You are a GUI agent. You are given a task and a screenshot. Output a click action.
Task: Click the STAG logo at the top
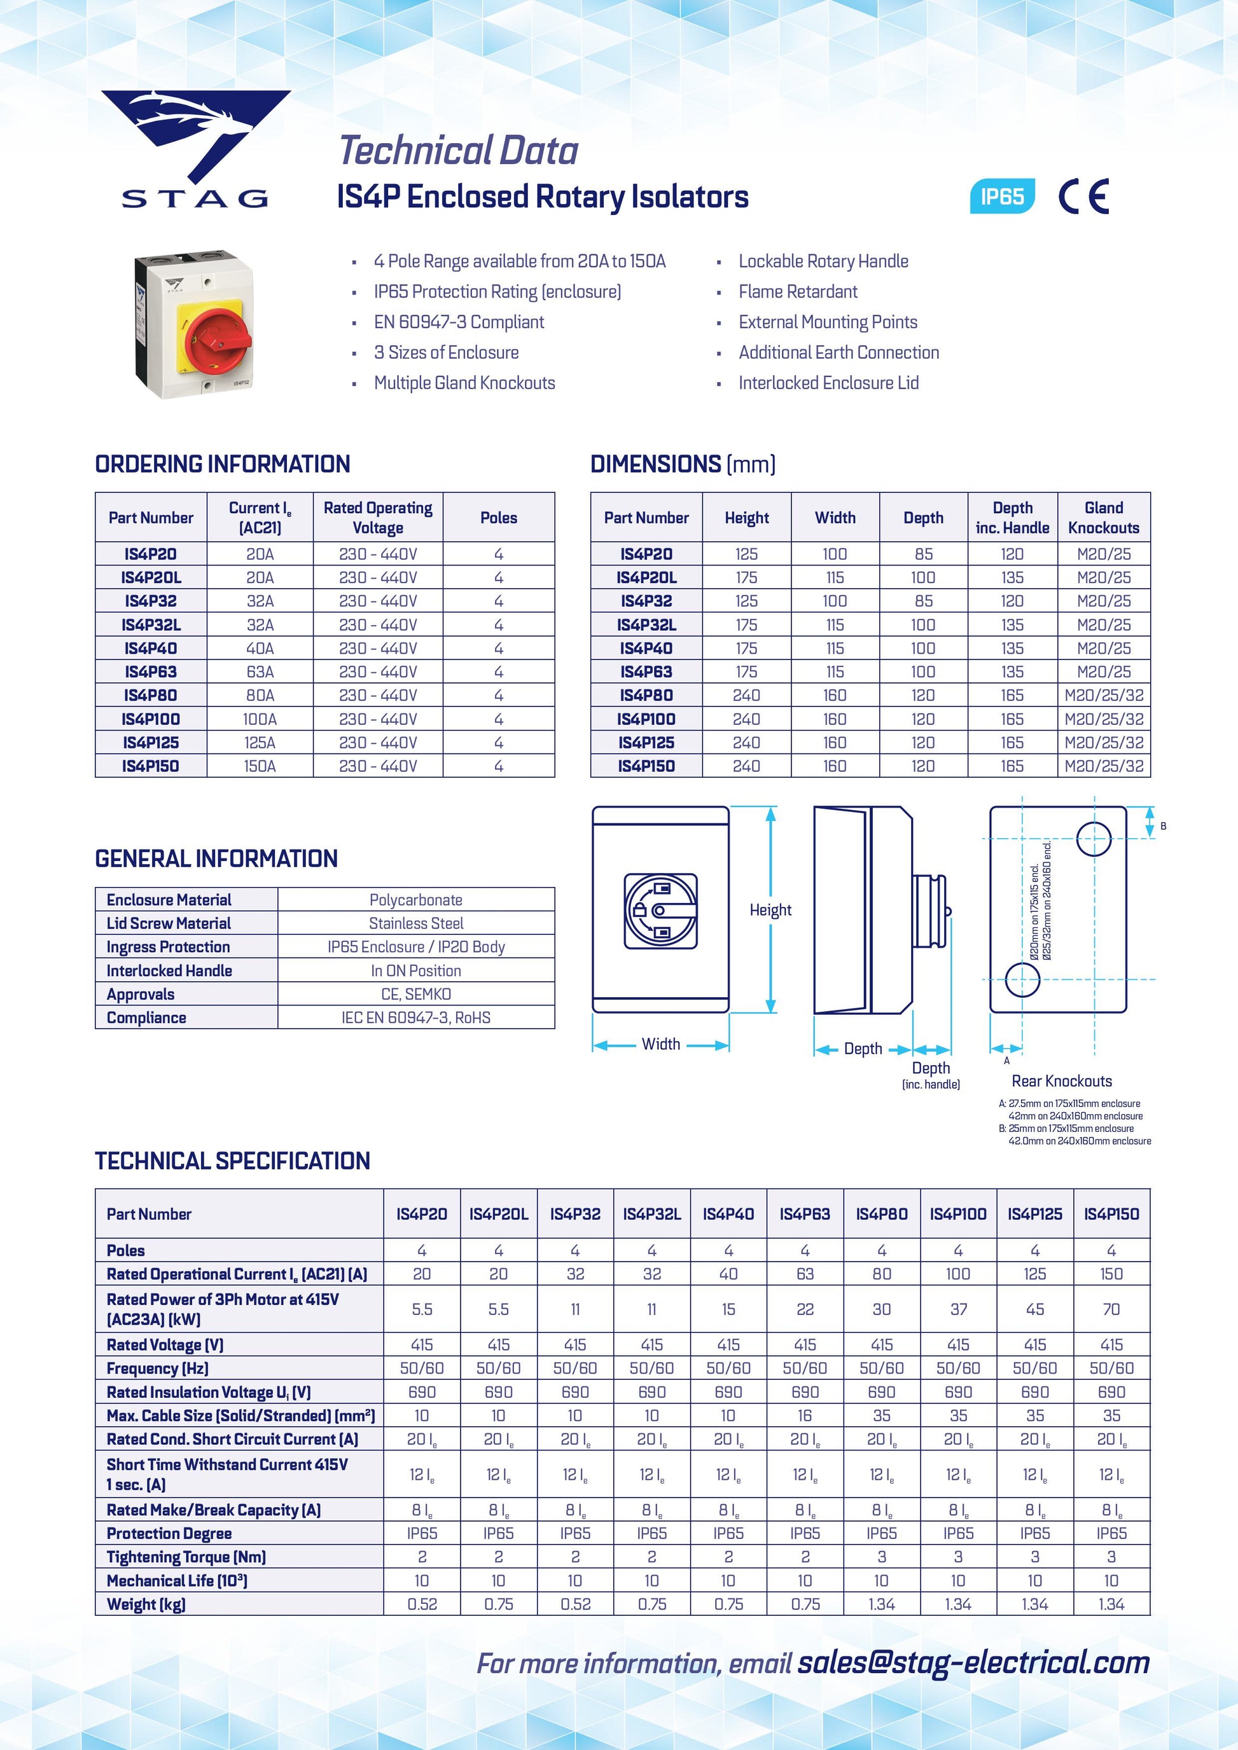(196, 149)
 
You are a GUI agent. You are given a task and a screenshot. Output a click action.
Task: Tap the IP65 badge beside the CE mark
(1002, 196)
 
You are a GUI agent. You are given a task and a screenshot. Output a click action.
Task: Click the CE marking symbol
(1083, 196)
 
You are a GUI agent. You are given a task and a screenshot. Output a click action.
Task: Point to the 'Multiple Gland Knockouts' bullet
(464, 383)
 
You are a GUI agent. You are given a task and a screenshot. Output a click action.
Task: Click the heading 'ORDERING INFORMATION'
(223, 464)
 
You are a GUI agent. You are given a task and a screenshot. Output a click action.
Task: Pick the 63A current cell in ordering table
(260, 672)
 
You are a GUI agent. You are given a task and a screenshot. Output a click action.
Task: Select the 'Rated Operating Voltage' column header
(378, 518)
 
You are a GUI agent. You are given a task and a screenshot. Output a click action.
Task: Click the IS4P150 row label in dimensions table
(646, 766)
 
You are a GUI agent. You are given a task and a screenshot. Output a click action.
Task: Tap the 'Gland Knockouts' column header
(1103, 518)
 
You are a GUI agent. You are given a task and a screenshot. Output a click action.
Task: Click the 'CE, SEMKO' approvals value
(415, 995)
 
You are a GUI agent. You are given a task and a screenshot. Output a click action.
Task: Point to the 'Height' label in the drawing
(770, 910)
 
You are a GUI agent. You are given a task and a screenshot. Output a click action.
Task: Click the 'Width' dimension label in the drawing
(661, 1044)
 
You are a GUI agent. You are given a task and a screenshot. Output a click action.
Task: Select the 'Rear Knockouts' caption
(1061, 1081)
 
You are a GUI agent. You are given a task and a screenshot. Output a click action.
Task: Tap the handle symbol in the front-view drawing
(660, 911)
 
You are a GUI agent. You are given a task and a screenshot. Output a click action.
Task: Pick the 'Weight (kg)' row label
(146, 1604)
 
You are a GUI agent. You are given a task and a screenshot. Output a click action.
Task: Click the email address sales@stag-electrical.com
(973, 1662)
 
